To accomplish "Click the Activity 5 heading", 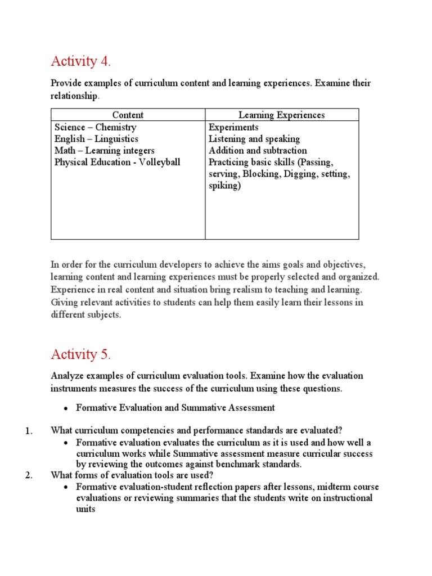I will pyautogui.click(x=80, y=354).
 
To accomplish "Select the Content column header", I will pyautogui.click(x=128, y=115).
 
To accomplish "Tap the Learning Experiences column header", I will pyautogui.click(x=282, y=115).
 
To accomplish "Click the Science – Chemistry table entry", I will pyautogui.click(x=95, y=127).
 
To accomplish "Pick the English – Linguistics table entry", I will pyautogui.click(x=96, y=139).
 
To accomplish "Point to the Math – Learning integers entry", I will pyautogui.click(x=104, y=151).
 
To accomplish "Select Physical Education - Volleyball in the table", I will pyautogui.click(x=117, y=163).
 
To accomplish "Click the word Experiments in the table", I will pyautogui.click(x=233, y=127).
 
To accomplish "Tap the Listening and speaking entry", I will pyautogui.click(x=254, y=139).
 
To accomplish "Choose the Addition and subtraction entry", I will pyautogui.click(x=258, y=151).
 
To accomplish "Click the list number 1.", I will pyautogui.click(x=29, y=431).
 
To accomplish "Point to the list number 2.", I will pyautogui.click(x=29, y=475).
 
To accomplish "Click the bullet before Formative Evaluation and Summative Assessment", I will pyautogui.click(x=66, y=408).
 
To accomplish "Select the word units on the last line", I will pyautogui.click(x=86, y=509).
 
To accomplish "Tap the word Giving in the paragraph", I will pyautogui.click(x=64, y=303).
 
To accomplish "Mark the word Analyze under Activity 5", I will pyautogui.click(x=67, y=375).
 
